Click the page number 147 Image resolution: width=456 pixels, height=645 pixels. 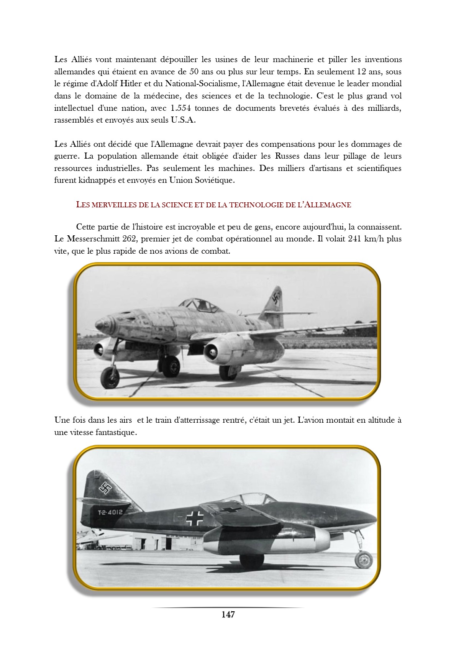(228, 614)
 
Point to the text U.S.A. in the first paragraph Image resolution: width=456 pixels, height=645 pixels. (183, 120)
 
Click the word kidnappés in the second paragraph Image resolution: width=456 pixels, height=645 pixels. (97, 180)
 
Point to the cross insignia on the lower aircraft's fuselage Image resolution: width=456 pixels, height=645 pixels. (195, 518)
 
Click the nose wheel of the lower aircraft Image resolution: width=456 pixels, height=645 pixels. (363, 560)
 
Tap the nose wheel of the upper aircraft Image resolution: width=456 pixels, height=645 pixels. (110, 377)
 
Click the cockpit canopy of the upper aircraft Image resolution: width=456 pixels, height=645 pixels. (200, 305)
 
